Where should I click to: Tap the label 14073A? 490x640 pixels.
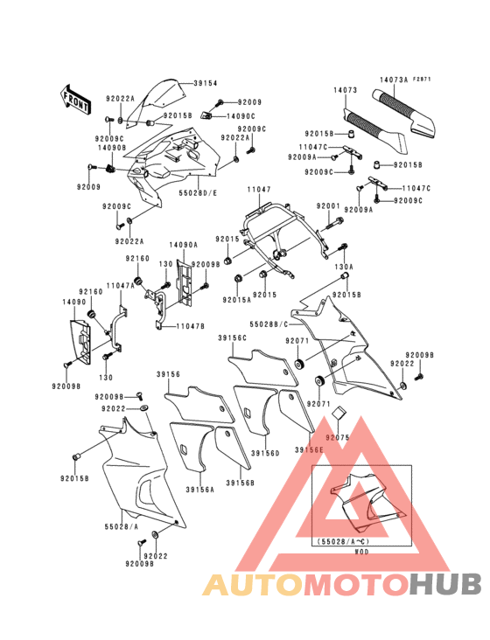[393, 79]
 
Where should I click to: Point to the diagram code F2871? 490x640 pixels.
[423, 79]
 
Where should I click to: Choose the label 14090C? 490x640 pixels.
[241, 115]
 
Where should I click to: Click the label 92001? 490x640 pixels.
[328, 206]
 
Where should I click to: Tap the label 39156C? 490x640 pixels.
[233, 337]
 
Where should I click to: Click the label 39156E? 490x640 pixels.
[309, 449]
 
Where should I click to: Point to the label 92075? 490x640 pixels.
[338, 435]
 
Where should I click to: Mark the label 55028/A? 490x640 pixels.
[122, 528]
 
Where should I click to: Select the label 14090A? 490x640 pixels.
[183, 246]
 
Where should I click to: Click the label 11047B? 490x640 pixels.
[190, 326]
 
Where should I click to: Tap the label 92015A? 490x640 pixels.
[236, 299]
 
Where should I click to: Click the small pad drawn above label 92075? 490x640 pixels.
[341, 414]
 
